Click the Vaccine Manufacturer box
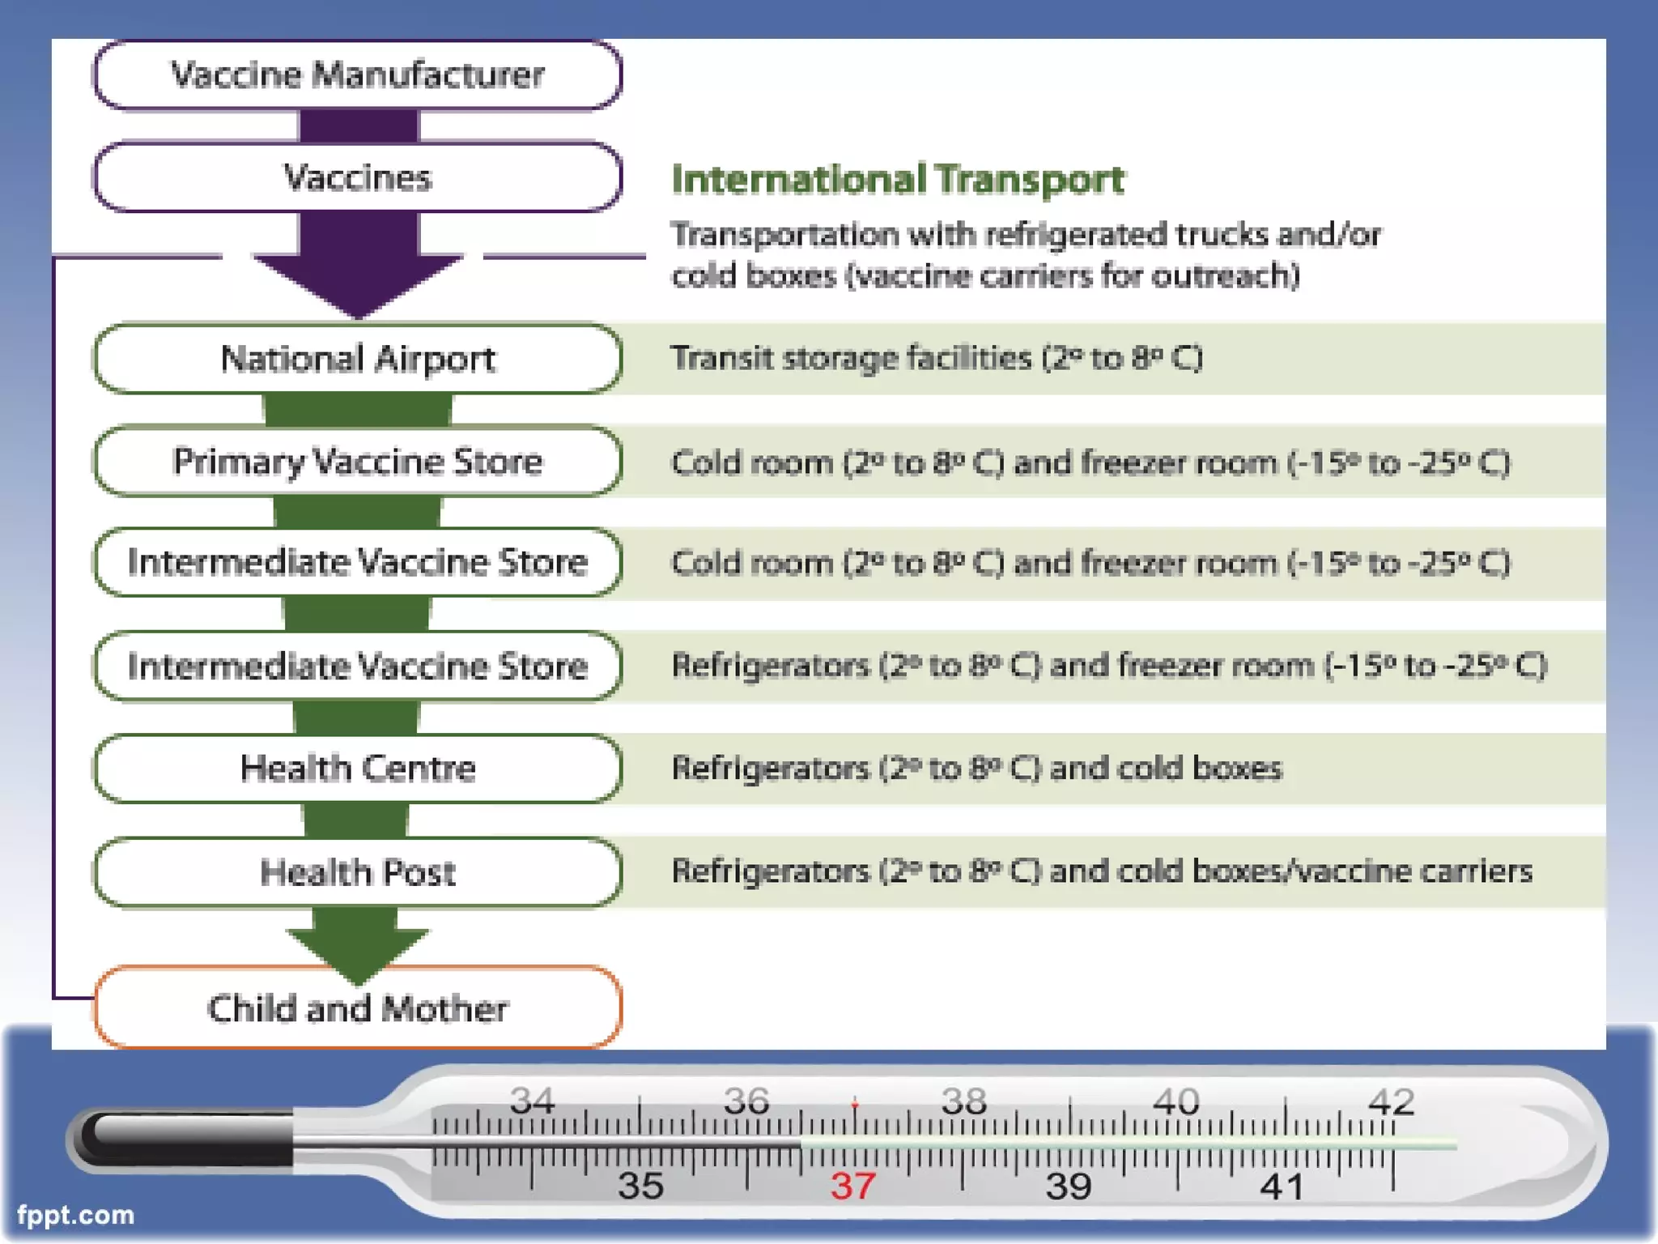(x=358, y=75)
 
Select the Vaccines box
(x=358, y=177)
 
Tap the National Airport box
(x=358, y=359)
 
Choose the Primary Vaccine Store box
(x=358, y=461)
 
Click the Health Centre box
(x=358, y=768)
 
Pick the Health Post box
(x=358, y=871)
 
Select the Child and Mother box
(x=358, y=1008)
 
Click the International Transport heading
(x=898, y=179)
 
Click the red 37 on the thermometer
(x=853, y=1186)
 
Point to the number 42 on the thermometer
(x=1391, y=1101)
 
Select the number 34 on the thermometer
(x=532, y=1101)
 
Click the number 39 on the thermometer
(x=1069, y=1186)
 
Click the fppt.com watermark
(x=75, y=1215)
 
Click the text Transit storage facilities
(x=851, y=358)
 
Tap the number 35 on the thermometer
(x=640, y=1186)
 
